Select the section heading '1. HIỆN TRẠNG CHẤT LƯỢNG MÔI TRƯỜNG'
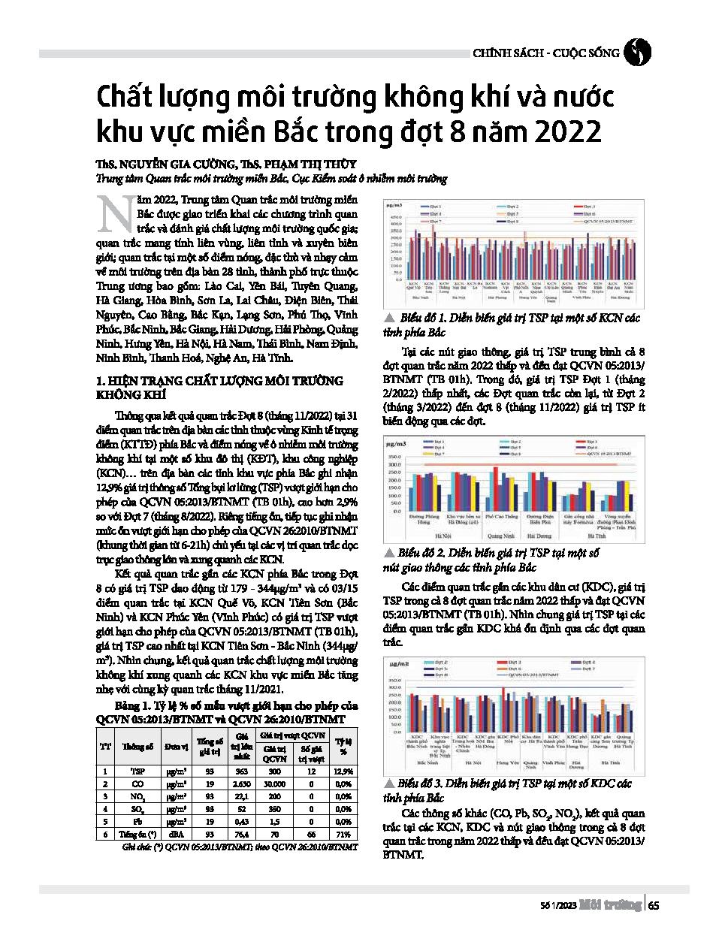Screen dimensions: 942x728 click(x=219, y=381)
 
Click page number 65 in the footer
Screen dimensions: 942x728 click(x=654, y=905)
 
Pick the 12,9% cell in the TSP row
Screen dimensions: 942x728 click(x=343, y=771)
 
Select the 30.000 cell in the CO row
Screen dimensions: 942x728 click(x=274, y=784)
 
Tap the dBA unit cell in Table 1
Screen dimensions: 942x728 click(x=177, y=834)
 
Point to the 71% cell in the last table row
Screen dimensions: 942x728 click(x=343, y=834)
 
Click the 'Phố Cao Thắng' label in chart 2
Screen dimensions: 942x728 click(x=501, y=517)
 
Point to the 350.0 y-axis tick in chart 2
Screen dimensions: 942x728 click(x=394, y=457)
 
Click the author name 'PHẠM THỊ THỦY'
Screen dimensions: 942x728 click(x=310, y=164)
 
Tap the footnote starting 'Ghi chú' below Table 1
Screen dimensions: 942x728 click(x=239, y=847)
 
